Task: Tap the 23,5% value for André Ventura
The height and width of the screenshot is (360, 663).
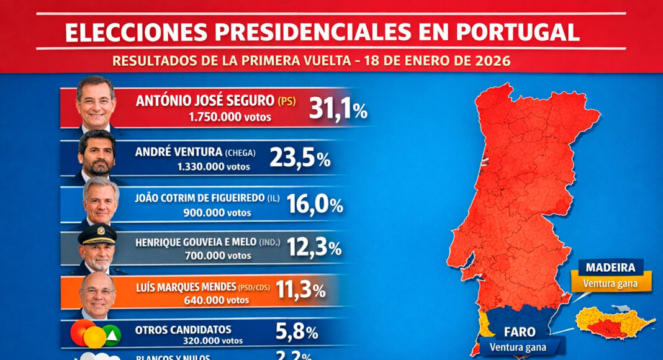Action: tap(300, 158)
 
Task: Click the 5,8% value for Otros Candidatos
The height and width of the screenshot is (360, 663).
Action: tap(296, 332)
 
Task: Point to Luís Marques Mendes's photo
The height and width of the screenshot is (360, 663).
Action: tap(97, 294)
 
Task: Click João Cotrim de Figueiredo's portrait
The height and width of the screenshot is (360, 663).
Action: tap(100, 201)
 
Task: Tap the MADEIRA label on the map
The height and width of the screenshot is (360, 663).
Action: tap(611, 268)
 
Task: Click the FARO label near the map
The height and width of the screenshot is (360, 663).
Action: tap(520, 332)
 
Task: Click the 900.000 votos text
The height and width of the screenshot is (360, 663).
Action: tap(217, 212)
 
